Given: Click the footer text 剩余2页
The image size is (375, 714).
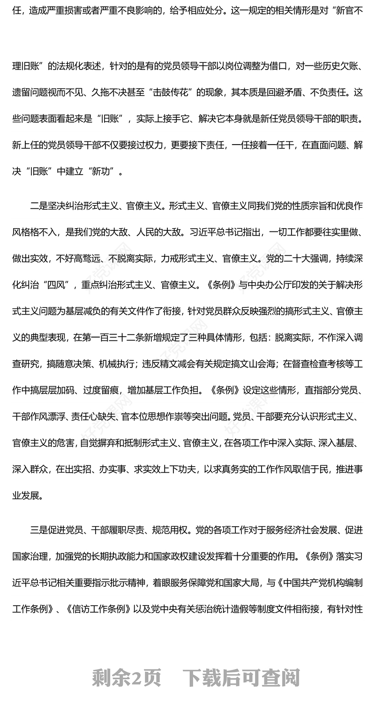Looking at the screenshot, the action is (127, 678).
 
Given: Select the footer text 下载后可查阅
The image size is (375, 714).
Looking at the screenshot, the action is (241, 678).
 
